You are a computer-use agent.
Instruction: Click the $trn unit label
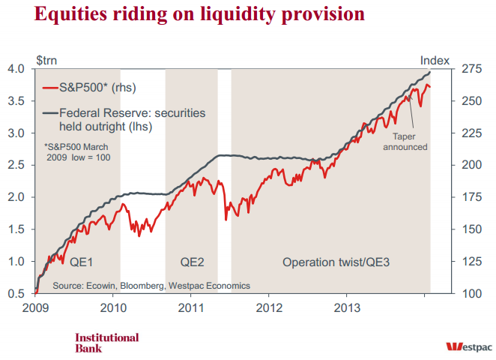point(46,59)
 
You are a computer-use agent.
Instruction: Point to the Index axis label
point(435,59)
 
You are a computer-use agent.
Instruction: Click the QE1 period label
point(82,262)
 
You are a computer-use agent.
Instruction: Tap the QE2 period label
point(193,262)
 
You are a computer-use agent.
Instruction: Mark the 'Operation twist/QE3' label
point(336,262)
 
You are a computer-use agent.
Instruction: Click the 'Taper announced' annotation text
point(405,142)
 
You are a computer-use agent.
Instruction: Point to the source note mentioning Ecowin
point(151,285)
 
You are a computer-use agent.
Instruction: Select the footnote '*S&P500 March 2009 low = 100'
point(78,154)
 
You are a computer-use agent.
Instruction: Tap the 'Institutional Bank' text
point(106,342)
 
